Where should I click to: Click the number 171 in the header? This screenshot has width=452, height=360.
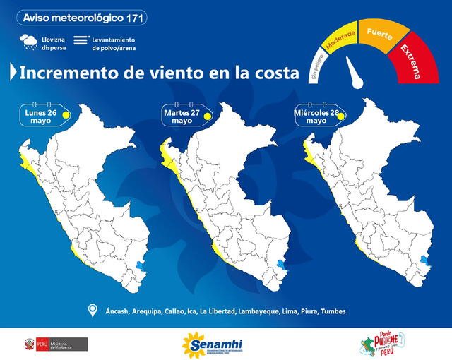point(136,17)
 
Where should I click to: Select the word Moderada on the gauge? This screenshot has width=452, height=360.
point(342,39)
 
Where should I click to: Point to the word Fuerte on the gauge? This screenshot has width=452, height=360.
point(379,31)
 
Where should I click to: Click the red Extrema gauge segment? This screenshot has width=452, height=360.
point(412,59)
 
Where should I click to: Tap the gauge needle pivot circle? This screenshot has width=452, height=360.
point(358,83)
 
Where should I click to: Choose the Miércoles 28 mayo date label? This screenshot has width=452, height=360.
point(316,115)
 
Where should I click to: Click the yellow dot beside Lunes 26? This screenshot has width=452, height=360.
point(66,114)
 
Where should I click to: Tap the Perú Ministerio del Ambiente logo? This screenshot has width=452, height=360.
point(56,344)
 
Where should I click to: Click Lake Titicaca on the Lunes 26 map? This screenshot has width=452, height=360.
point(138,267)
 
